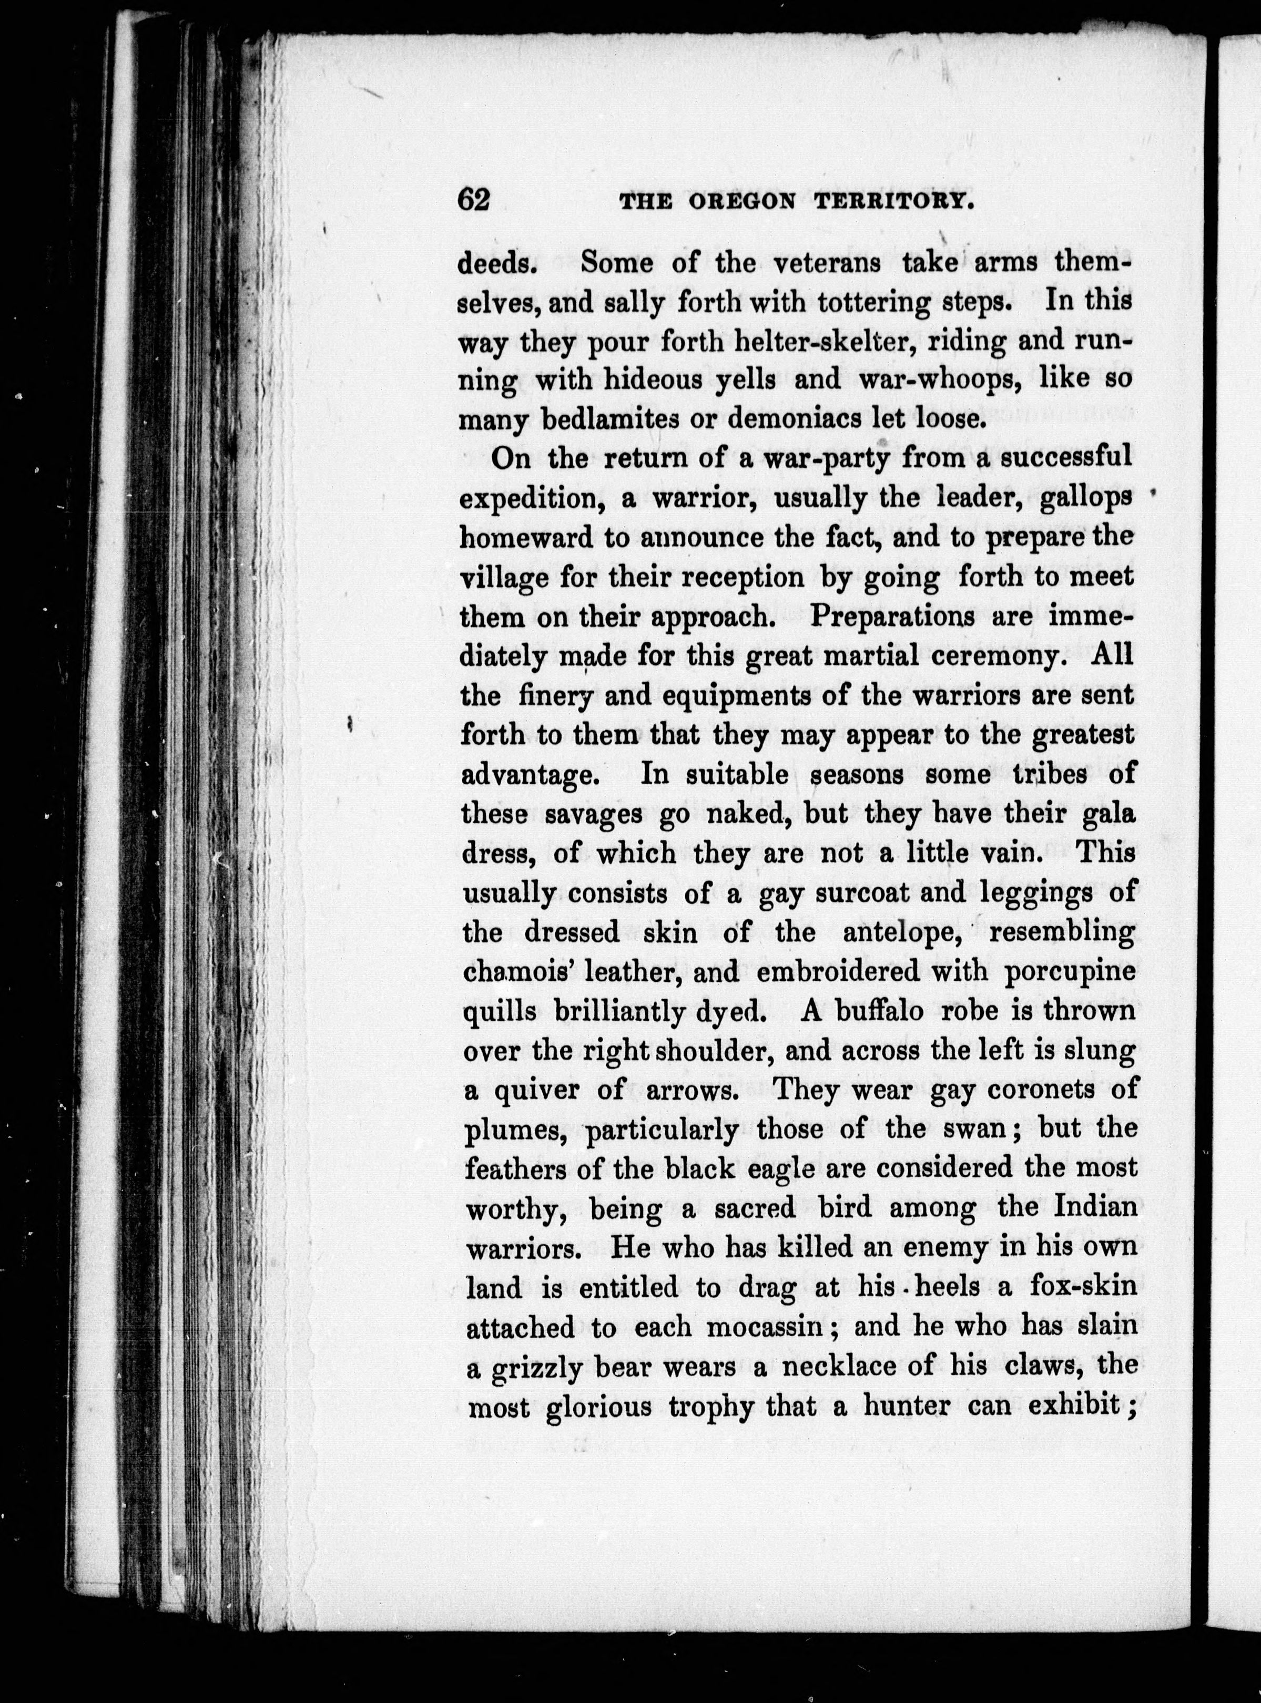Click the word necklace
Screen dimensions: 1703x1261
[x=838, y=1367]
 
